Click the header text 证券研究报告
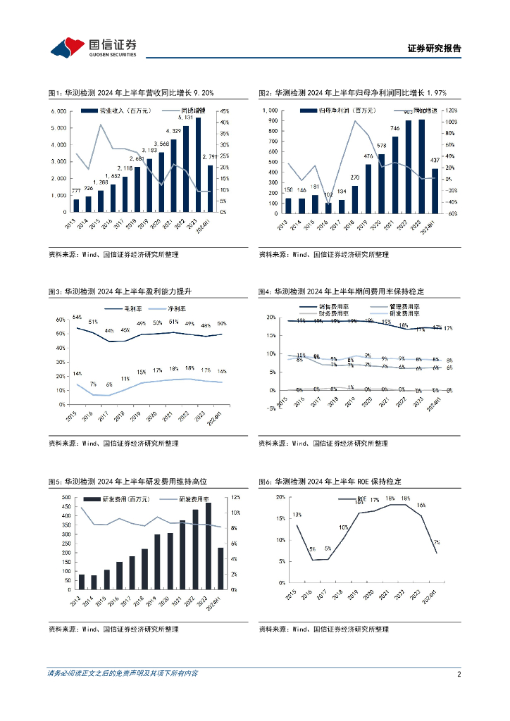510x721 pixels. (434, 49)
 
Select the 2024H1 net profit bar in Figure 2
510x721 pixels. (435, 190)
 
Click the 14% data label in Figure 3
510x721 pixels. (77, 374)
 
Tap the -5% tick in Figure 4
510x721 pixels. (271, 408)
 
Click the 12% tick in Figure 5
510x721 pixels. (237, 497)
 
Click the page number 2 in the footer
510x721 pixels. (459, 674)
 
